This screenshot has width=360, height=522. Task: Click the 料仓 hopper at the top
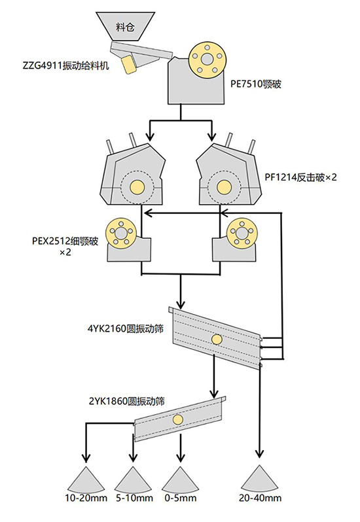[x=125, y=27]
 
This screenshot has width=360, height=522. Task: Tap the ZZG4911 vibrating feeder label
[x=66, y=65]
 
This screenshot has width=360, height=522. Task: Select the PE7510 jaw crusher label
[x=256, y=84]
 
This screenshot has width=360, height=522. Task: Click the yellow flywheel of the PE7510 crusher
[x=207, y=60]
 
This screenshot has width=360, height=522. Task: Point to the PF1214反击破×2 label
[x=300, y=177]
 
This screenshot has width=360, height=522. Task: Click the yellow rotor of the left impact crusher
[x=137, y=187]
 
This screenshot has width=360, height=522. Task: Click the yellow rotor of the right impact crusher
[x=224, y=187]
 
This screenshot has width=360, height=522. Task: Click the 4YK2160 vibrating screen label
[x=126, y=329]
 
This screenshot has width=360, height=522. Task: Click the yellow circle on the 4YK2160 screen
[x=217, y=339]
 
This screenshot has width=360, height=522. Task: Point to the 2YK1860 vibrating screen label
[x=127, y=401]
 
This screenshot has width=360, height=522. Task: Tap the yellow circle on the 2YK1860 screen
[x=178, y=419]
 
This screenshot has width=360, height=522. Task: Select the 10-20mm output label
[x=86, y=498]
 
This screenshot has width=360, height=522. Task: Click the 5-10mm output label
[x=135, y=498]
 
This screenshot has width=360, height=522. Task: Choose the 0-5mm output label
[x=181, y=498]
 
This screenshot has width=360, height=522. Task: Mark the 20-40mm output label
[x=260, y=498]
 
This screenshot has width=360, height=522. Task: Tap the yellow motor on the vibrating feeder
[x=128, y=65]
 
